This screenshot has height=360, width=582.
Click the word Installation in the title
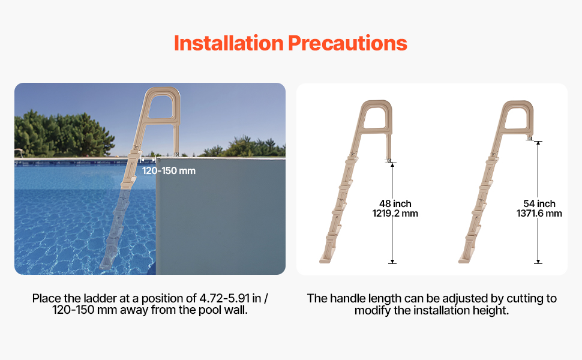click(x=229, y=43)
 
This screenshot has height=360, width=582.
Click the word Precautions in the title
click(x=347, y=43)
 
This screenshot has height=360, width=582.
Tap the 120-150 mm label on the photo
click(x=169, y=171)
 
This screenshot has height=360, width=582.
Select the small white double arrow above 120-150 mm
click(x=148, y=160)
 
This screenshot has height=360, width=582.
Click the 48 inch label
click(x=395, y=204)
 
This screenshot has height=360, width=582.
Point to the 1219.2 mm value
click(x=395, y=214)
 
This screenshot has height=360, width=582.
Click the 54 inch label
click(x=539, y=204)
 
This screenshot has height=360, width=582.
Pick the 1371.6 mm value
click(x=539, y=214)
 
